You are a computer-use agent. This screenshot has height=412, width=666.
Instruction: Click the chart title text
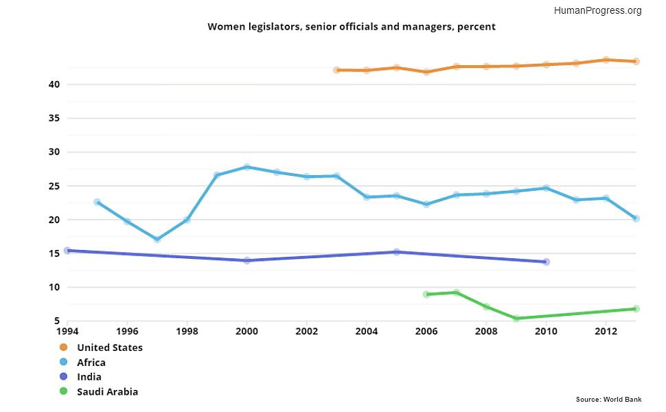pos(352,27)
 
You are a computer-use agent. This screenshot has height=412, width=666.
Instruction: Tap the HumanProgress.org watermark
pos(597,10)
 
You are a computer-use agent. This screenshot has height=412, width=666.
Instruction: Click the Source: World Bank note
pos(608,399)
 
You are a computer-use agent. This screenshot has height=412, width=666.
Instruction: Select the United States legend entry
pos(109,347)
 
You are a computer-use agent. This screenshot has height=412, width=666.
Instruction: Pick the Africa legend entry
pos(91,363)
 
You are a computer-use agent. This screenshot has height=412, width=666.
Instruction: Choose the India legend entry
pos(89,377)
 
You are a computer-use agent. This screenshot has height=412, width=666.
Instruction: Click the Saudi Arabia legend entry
pos(107,392)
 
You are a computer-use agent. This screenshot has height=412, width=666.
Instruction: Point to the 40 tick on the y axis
pos(54,84)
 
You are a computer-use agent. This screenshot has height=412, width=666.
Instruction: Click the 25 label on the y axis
pos(54,186)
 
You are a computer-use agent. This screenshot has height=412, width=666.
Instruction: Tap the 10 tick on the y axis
pos(54,287)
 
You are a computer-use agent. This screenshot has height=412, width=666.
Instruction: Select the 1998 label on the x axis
pos(187,332)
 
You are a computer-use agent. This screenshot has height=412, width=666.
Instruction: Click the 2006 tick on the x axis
pos(426,332)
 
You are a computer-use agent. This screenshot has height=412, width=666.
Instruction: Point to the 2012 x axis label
pos(606,332)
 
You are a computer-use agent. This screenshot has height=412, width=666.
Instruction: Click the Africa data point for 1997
pos(157,240)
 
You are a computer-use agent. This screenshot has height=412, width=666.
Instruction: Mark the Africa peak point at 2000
pos(246,167)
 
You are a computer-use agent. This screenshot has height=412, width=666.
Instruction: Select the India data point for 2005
pos(396,252)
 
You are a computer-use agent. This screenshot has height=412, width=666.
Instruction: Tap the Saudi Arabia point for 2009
pos(516,319)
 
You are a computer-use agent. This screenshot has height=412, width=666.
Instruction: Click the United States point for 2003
pos(336,70)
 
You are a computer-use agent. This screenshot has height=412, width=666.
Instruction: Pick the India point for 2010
pos(546,262)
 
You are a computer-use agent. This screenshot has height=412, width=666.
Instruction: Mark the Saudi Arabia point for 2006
pos(426,294)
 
